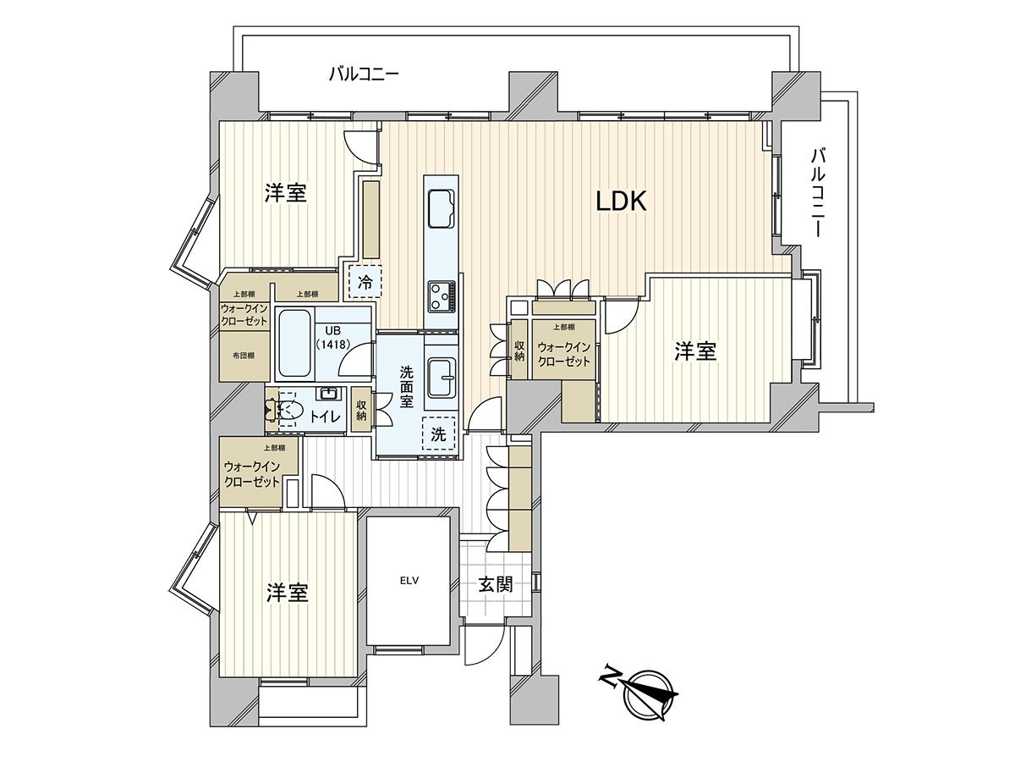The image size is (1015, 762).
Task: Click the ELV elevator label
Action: point(410,581)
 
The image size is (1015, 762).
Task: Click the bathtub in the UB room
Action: point(294,344)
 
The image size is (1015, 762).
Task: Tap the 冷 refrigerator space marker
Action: point(365,283)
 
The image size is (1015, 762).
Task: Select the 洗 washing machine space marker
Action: point(438,435)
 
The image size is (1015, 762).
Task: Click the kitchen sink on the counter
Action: point(442,208)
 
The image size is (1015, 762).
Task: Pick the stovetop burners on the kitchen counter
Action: point(442,296)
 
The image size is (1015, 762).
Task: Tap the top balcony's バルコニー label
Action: point(364,74)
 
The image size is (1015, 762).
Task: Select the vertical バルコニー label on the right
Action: point(818,193)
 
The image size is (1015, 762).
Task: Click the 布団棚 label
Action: point(244,356)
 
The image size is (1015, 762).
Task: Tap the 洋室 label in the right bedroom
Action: point(695,351)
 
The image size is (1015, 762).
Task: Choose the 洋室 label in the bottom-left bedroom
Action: point(287,593)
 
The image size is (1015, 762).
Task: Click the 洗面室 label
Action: point(406,386)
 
